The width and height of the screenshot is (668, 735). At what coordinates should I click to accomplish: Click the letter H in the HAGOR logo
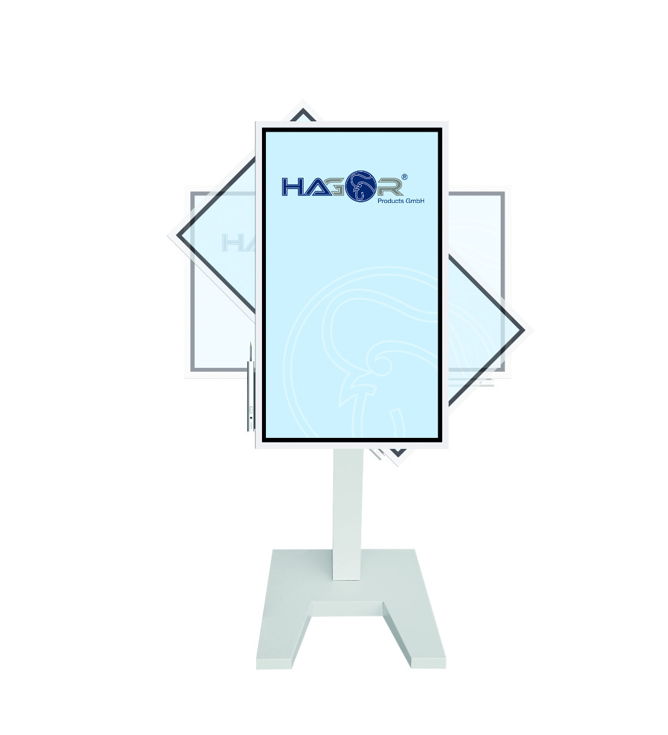tap(292, 187)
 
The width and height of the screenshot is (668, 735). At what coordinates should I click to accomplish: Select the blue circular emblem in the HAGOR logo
tap(361, 186)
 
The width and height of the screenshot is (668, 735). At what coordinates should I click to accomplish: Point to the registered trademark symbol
tap(405, 176)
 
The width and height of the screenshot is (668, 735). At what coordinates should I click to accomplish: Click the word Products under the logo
tap(390, 201)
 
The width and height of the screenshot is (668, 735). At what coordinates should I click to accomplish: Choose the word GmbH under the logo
tap(415, 201)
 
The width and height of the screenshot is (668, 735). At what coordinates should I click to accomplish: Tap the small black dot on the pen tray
tap(251, 418)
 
